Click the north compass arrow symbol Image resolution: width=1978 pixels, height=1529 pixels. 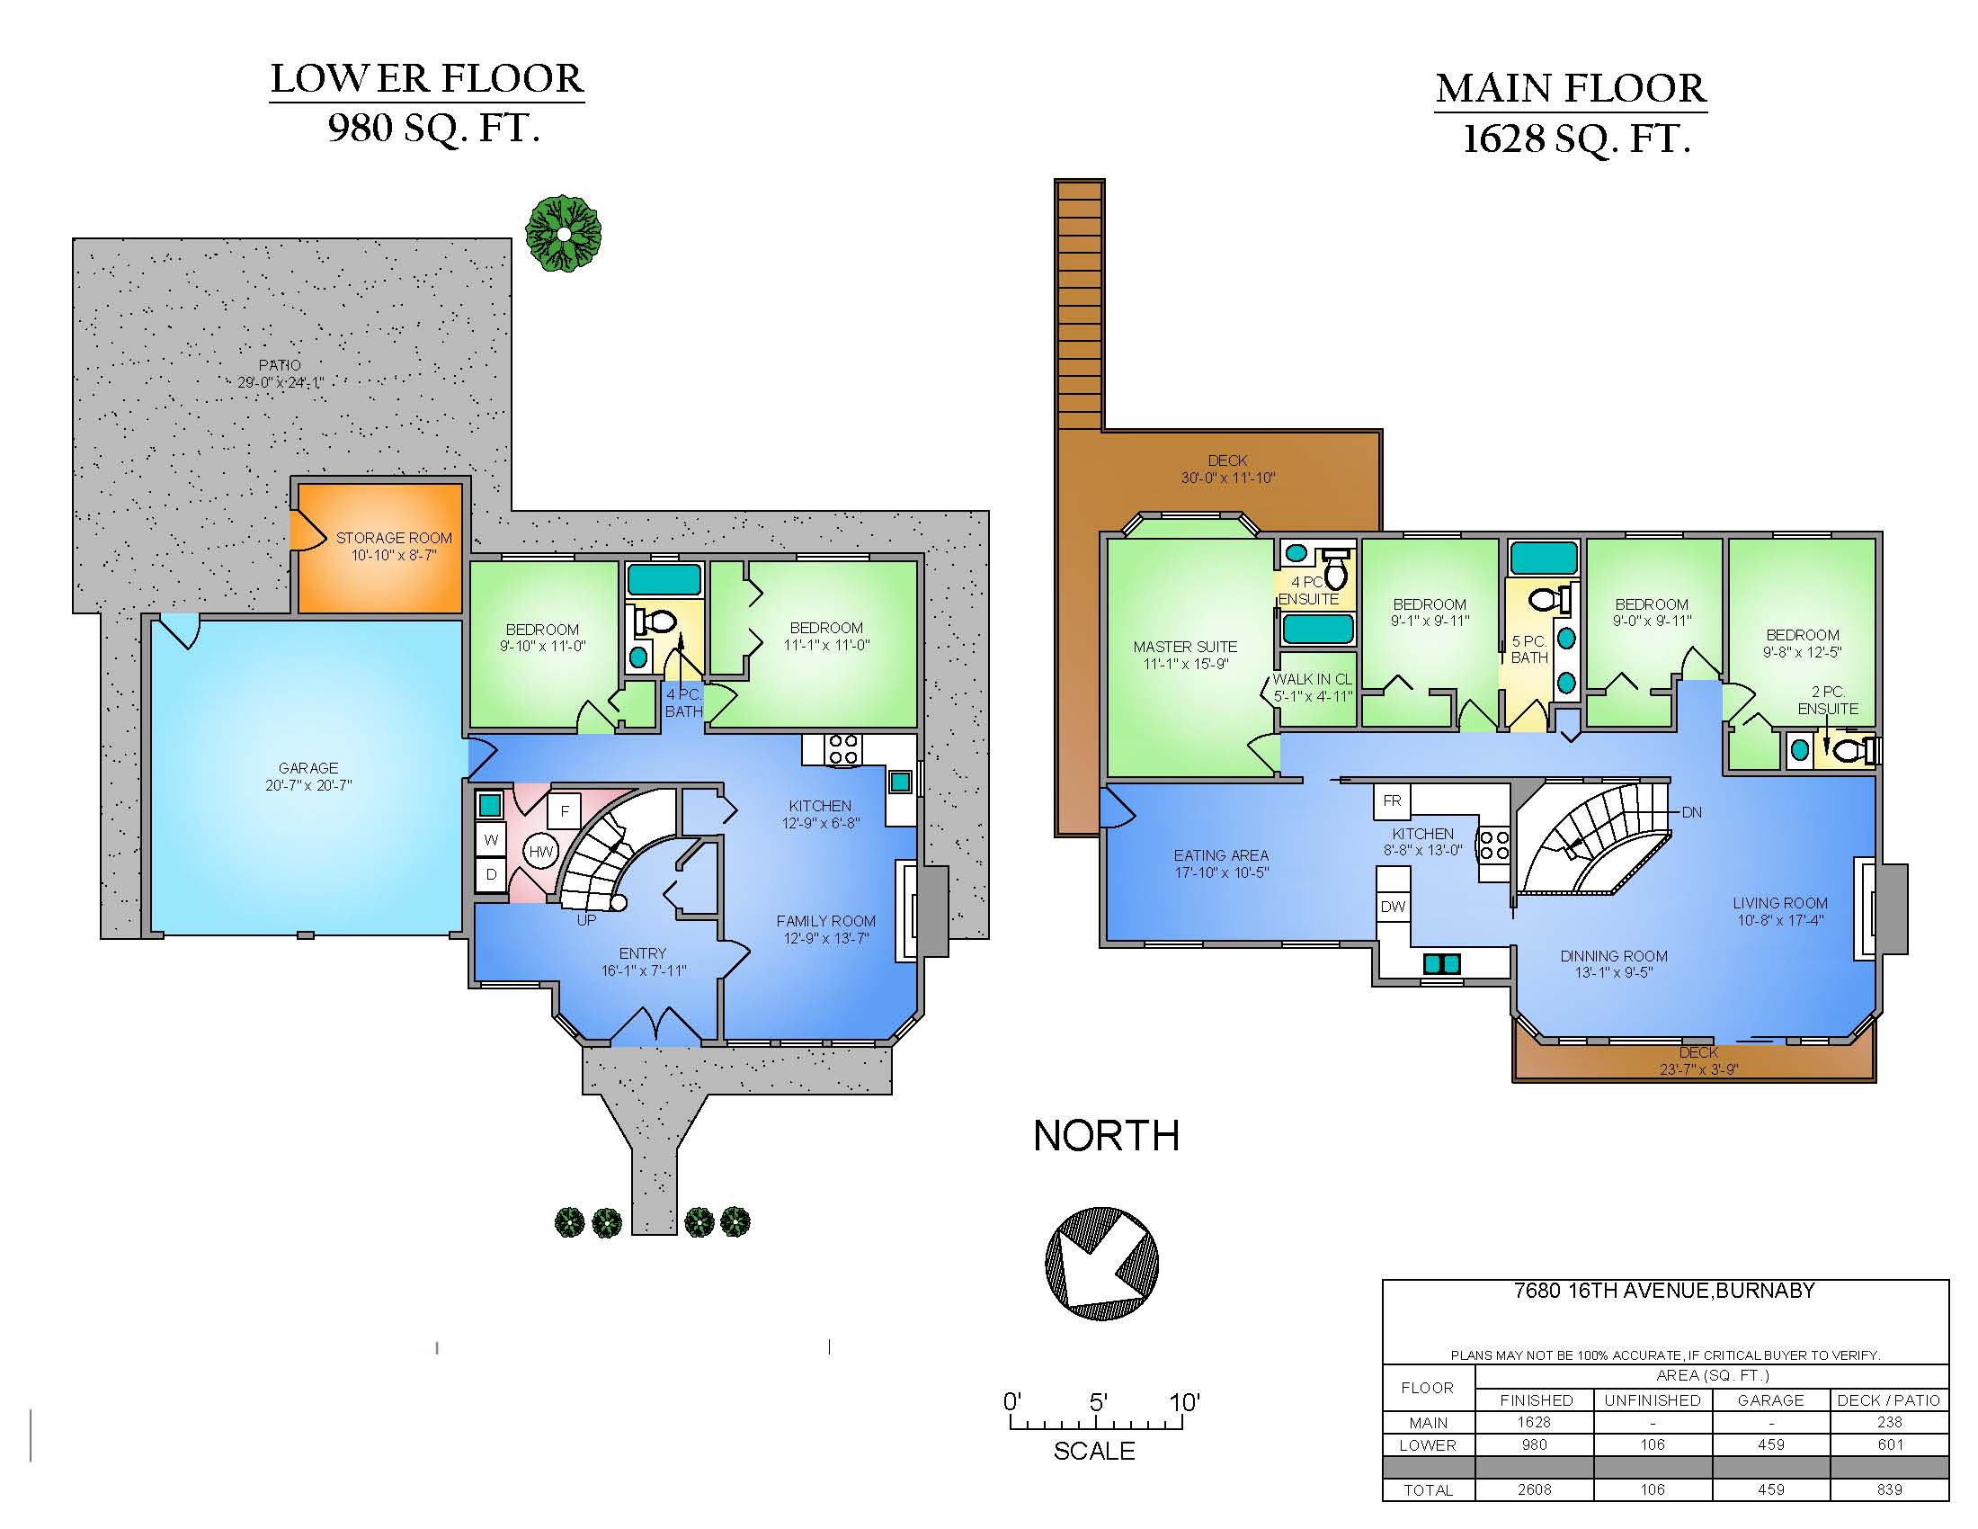pos(1101,1262)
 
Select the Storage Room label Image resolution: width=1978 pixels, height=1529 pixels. pos(394,538)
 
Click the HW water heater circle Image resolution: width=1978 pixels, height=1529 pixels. pos(540,852)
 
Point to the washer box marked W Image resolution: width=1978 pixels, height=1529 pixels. pos(491,840)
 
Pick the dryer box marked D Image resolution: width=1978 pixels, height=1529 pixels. pos(491,875)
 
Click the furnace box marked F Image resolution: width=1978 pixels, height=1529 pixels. pos(565,811)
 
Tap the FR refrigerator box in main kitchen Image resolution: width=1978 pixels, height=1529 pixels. pos(1392,800)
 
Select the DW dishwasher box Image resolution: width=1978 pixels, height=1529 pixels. pos(1393,907)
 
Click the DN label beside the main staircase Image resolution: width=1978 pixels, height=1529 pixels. pos(1692,812)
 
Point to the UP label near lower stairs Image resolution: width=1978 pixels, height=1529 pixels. pos(587,920)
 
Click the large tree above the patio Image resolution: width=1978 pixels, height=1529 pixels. pos(564,233)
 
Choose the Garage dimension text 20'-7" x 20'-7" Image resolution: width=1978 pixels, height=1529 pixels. pos(308,785)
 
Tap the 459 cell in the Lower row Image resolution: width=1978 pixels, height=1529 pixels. pos(1770,1444)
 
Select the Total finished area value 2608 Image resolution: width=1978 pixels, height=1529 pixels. pos(1534,1489)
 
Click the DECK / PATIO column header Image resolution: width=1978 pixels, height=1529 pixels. pos(1888,1400)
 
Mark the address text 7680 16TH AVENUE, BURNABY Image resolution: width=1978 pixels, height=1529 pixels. pos(1664,1291)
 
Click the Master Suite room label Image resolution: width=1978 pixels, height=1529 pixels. pos(1185,647)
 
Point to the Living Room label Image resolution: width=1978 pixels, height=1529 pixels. pos(1779,903)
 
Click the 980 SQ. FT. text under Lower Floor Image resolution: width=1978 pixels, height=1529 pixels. pos(434,128)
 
